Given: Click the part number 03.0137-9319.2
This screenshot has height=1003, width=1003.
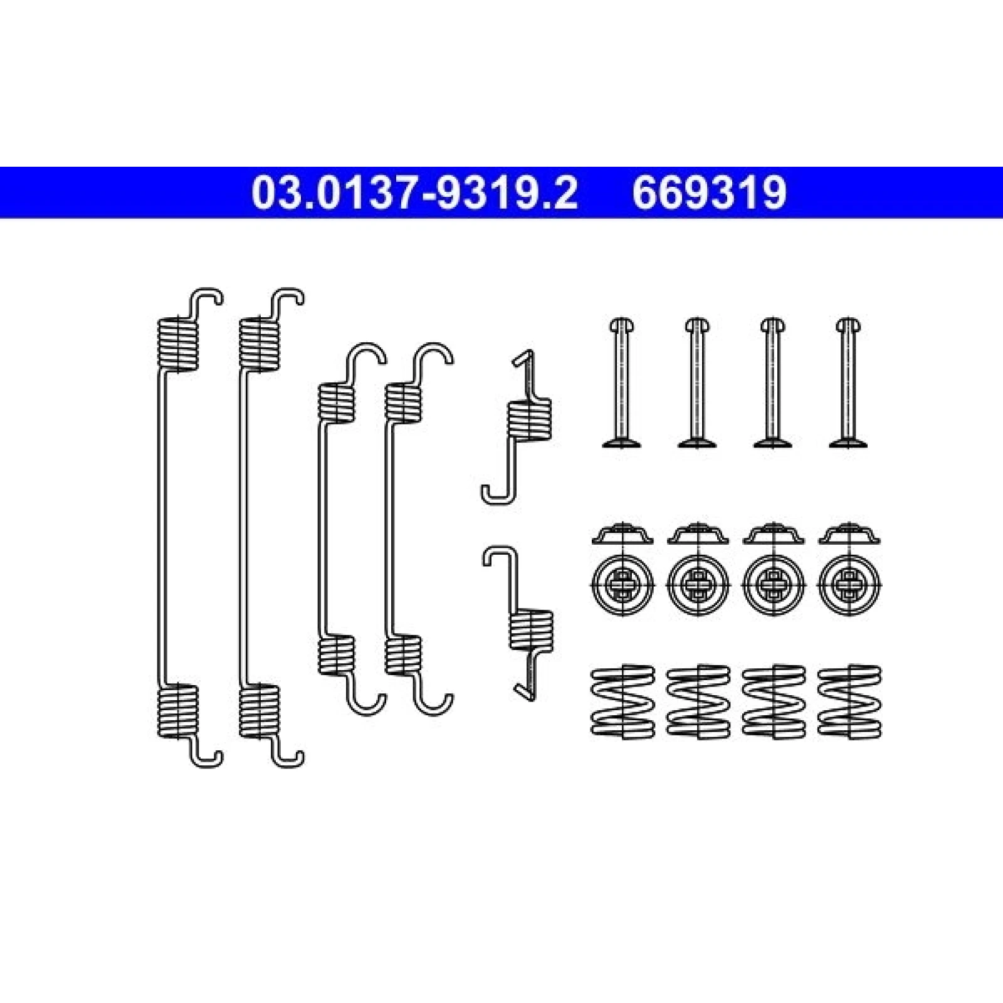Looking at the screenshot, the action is point(414,192).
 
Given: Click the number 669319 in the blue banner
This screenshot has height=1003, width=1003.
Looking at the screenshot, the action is point(709,192).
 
